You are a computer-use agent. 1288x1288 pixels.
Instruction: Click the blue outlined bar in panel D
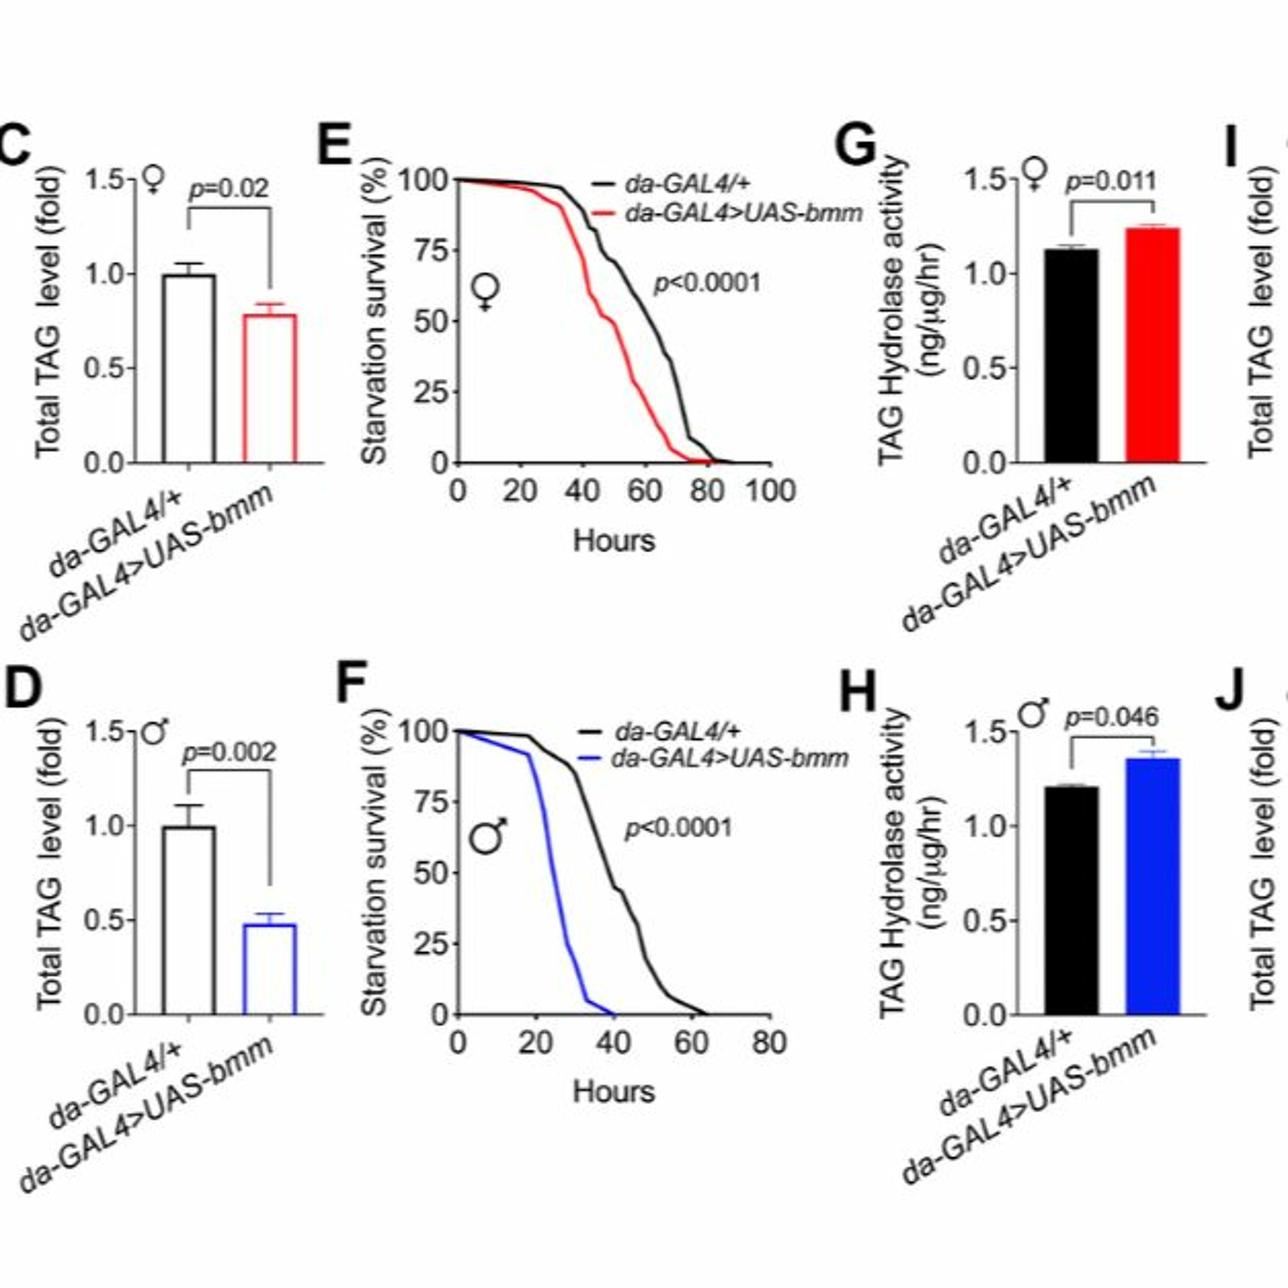click(x=269, y=969)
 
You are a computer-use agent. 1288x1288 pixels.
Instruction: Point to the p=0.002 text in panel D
click(x=229, y=753)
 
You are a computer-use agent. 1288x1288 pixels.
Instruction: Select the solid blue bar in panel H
click(x=1153, y=886)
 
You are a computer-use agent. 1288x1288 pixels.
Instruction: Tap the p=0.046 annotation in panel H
click(x=1112, y=718)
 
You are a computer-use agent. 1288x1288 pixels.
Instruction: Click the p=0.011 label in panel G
click(x=1112, y=181)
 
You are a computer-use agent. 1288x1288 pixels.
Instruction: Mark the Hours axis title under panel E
click(x=614, y=540)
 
